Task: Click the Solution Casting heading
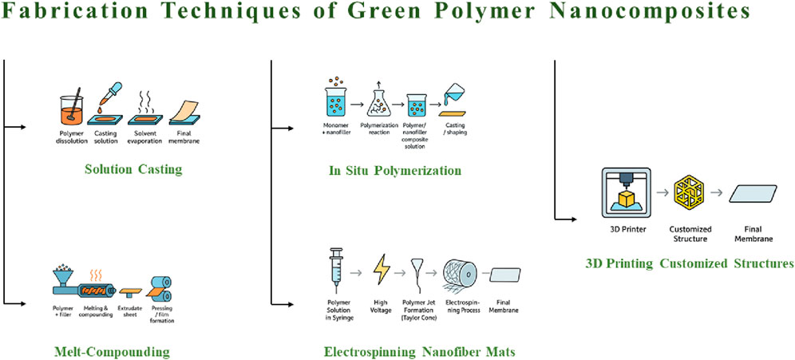pos(133,169)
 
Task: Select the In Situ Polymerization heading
pos(395,170)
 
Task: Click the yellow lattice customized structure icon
pos(689,193)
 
